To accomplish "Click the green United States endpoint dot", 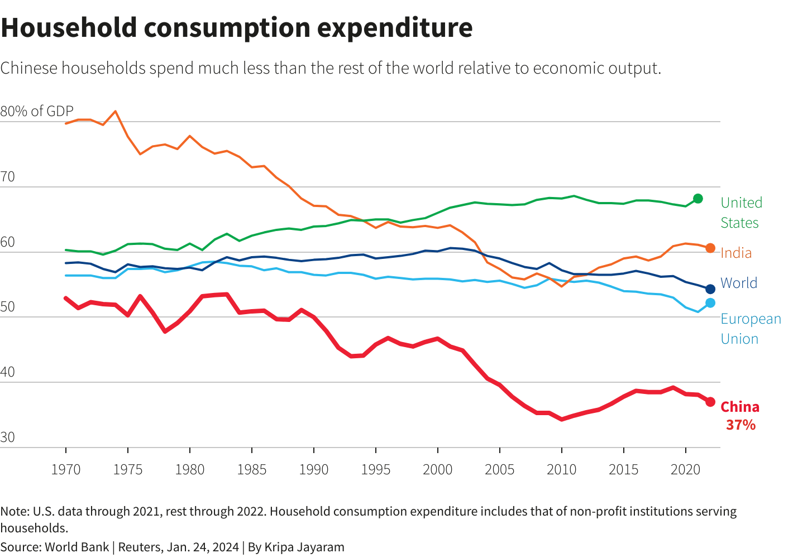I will (x=698, y=199).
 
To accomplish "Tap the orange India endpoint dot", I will (x=710, y=248).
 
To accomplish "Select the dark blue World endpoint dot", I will (x=710, y=289).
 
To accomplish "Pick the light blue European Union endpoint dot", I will (x=710, y=303).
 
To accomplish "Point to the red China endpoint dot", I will (x=710, y=402).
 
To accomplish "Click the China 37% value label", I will (x=741, y=425).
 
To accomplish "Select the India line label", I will (x=736, y=253).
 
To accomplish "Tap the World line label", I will (x=739, y=283).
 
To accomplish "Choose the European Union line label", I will (x=751, y=329).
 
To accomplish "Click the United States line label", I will (x=741, y=213).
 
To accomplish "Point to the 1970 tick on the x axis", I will (x=66, y=469).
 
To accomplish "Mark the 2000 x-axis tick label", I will (x=438, y=469).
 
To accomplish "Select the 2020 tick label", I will (x=686, y=469).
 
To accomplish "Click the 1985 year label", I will (x=252, y=469).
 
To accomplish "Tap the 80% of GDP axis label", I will (x=37, y=111).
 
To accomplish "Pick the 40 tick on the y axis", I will (x=8, y=372).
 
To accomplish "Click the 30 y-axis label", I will (x=8, y=437).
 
